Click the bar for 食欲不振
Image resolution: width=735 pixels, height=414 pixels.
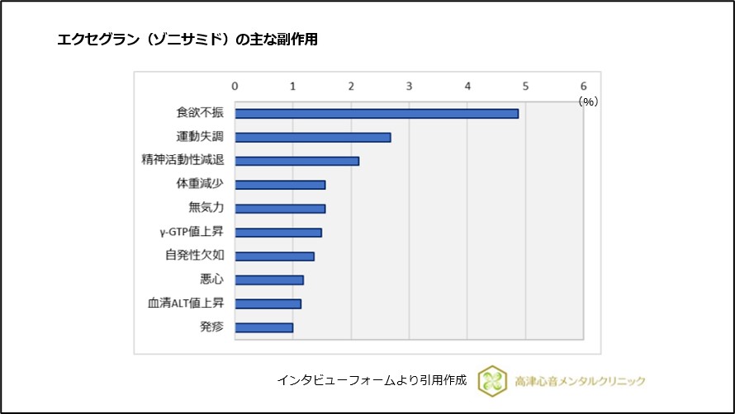[377, 113]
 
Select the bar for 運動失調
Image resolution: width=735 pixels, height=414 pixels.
[313, 137]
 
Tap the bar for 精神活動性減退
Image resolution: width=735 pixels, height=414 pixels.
[297, 161]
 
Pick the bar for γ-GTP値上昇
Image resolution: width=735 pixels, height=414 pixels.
[278, 233]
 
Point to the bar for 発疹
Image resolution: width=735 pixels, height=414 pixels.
[264, 327]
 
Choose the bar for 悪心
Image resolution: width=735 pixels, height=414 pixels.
[269, 280]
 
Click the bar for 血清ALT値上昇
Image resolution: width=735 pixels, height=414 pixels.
[268, 303]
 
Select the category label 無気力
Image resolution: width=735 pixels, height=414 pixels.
[206, 209]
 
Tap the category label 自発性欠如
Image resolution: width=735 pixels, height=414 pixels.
[194, 256]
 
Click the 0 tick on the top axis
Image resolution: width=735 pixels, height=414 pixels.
[235, 86]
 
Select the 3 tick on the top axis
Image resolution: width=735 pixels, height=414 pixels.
[410, 86]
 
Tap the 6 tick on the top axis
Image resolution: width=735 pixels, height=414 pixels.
[584, 86]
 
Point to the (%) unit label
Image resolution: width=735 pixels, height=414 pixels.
[587, 101]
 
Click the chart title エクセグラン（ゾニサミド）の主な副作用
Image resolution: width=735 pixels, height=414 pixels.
[187, 40]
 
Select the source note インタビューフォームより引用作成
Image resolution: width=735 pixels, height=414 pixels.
[372, 380]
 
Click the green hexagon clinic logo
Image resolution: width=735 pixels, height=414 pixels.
[493, 380]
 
